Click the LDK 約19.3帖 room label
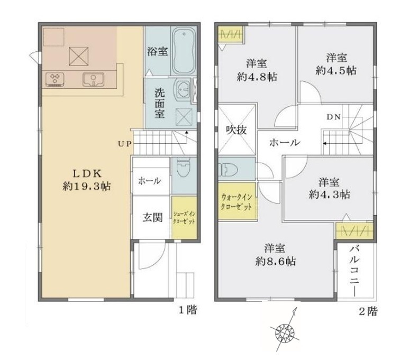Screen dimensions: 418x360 tap(87, 180)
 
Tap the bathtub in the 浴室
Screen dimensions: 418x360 tap(184, 51)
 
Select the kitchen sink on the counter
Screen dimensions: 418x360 tap(93, 80)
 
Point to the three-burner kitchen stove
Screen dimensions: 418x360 tap(55, 80)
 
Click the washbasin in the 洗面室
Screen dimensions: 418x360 tap(183, 89)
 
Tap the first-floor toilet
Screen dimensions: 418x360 tap(184, 168)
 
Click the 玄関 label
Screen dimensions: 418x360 tap(152, 218)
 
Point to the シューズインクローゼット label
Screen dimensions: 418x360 tap(184, 218)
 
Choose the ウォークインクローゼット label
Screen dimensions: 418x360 tap(237, 202)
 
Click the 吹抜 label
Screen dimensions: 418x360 tap(236, 130)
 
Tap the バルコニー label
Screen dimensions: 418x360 tap(355, 271)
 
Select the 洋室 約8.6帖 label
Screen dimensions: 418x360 tap(275, 255)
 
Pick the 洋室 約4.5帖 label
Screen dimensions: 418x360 tap(337, 64)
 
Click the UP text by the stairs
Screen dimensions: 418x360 tap(125, 144)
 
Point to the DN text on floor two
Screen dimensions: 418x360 tap(334, 117)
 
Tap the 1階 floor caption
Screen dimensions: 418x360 tap(188, 310)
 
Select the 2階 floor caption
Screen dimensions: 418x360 tap(368, 311)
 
